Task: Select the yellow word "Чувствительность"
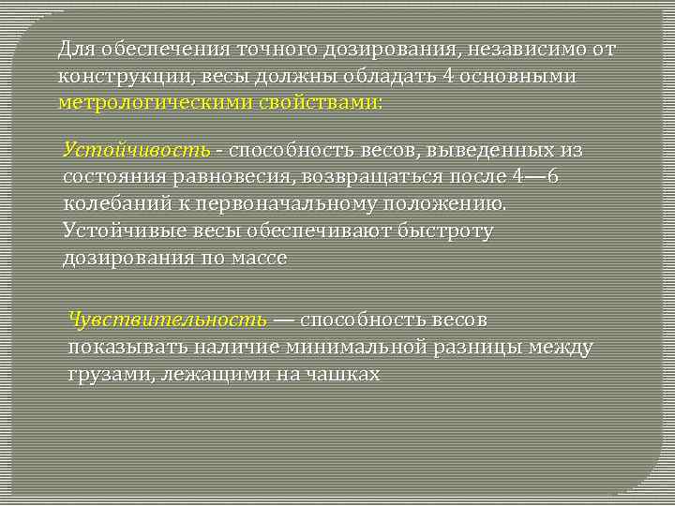pyautogui.click(x=168, y=320)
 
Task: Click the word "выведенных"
pyautogui.click(x=476, y=150)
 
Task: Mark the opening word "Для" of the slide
pyautogui.click(x=75, y=48)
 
